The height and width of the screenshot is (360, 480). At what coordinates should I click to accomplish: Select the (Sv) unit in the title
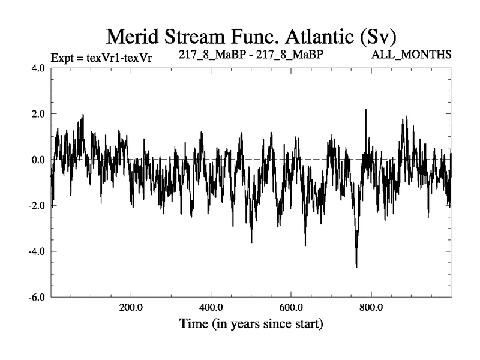pyautogui.click(x=375, y=37)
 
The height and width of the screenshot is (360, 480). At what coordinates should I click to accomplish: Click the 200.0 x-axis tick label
pyautogui.click(x=131, y=308)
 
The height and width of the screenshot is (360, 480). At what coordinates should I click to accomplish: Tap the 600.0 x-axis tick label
pyautogui.click(x=291, y=308)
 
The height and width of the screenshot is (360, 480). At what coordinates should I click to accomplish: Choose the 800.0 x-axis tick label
pyautogui.click(x=371, y=308)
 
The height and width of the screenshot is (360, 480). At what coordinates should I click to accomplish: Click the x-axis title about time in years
pyautogui.click(x=251, y=325)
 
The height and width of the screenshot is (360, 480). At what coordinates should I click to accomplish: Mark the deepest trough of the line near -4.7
pyautogui.click(x=356, y=266)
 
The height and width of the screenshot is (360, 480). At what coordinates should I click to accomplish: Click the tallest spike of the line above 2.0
pyautogui.click(x=365, y=110)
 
